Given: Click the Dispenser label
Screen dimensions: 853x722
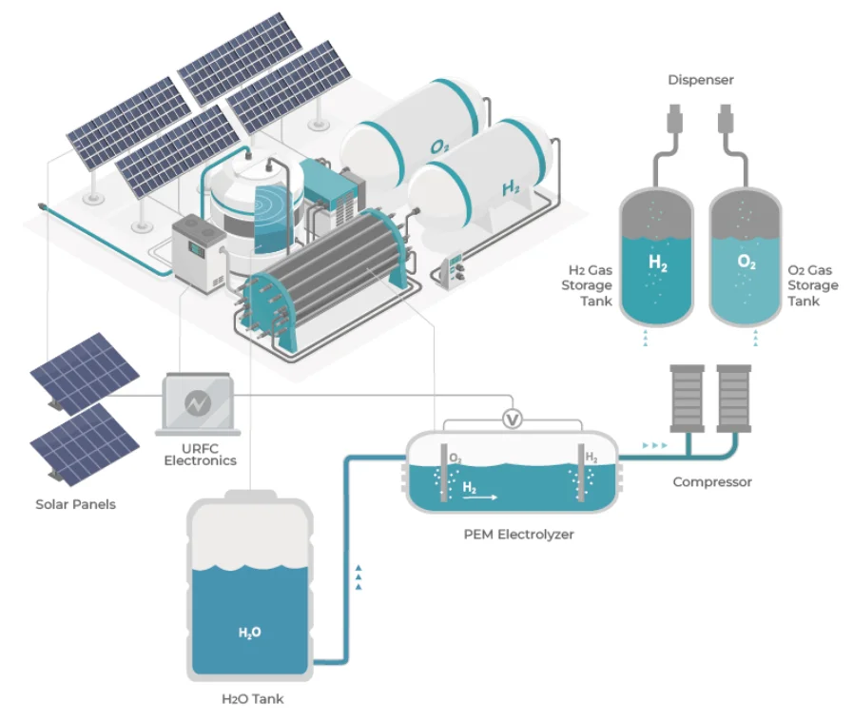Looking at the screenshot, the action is tap(701, 80).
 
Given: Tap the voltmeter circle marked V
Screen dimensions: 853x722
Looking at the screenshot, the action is tap(512, 420).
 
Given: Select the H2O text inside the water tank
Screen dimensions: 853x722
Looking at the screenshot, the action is tap(250, 633).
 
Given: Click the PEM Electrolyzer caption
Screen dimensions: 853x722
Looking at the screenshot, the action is tap(518, 535).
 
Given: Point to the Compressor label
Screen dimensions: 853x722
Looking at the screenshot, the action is tap(712, 482).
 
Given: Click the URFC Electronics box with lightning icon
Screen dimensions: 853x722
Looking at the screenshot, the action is tap(198, 403).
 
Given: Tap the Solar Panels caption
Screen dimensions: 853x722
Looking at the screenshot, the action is tap(76, 504).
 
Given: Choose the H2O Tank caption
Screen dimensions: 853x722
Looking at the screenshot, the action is tap(252, 698).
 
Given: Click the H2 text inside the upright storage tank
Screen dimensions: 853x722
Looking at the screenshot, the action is tap(658, 263).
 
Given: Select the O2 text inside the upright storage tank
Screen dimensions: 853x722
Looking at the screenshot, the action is tap(746, 263).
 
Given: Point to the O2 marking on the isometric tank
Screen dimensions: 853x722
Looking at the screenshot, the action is tap(439, 146).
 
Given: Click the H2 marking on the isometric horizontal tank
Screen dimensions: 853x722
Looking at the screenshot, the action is tap(511, 188).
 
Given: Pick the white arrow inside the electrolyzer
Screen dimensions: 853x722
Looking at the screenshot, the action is tap(480, 497).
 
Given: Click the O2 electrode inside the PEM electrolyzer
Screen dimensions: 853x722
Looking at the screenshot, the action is tap(444, 473).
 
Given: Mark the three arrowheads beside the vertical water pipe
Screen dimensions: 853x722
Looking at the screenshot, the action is tap(358, 577).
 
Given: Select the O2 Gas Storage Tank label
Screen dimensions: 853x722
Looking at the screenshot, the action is tap(813, 285).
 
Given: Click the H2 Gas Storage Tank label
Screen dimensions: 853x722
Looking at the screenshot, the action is tap(587, 285).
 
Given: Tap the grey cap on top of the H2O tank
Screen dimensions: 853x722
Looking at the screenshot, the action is tap(251, 495).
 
